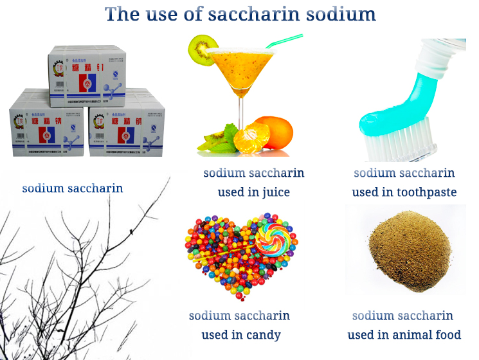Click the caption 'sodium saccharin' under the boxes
pos(73,188)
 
